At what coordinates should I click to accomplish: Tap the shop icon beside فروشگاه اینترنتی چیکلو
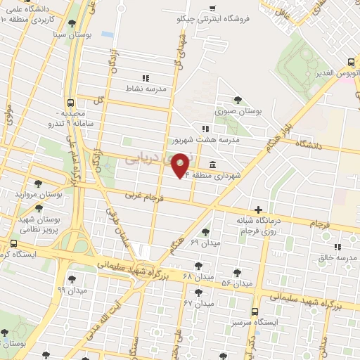pos(212,8)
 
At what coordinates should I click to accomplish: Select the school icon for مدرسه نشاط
pos(146,78)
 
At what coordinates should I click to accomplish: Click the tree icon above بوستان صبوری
pos(238,100)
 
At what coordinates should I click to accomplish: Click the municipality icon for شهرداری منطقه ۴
pos(212,165)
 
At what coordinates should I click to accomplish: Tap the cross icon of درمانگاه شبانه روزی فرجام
pos(259,210)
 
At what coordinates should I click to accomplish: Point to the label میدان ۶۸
pos(198,276)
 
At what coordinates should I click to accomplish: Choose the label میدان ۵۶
pos(237,283)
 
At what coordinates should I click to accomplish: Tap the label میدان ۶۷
pos(198,303)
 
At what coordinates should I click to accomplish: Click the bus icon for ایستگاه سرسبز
pos(255,311)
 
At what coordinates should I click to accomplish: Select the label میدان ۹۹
pos(72,290)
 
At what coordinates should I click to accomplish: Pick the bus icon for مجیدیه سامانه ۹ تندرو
pos(70,102)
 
